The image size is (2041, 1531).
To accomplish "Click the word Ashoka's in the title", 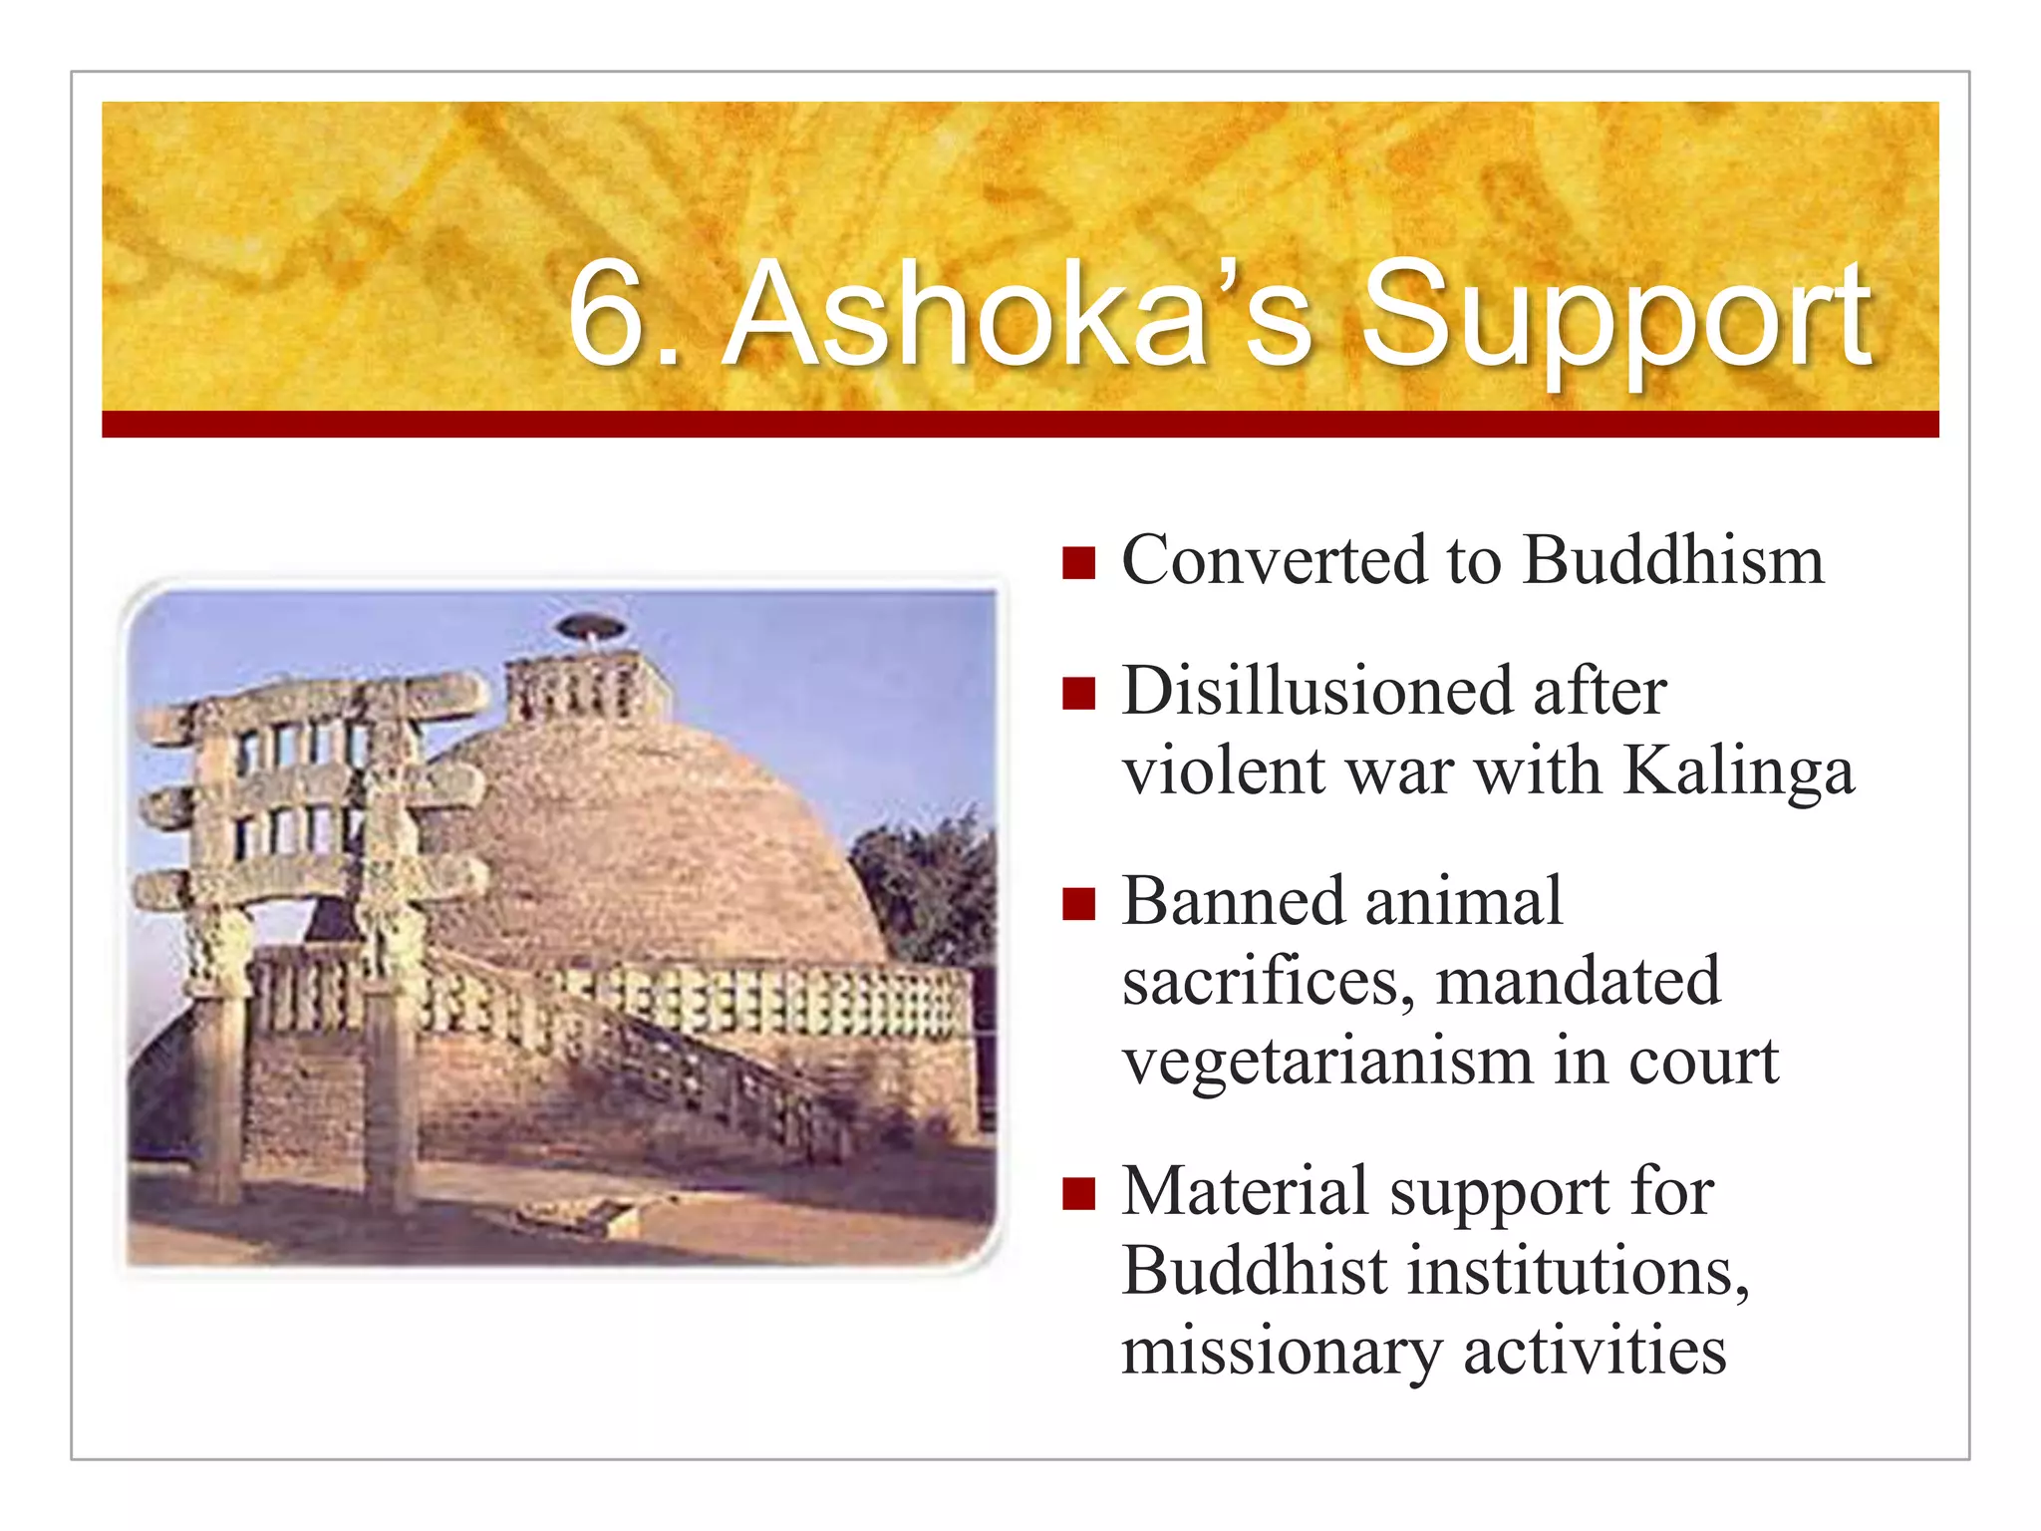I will coord(1017,314).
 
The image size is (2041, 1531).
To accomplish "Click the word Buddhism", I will coord(1673,560).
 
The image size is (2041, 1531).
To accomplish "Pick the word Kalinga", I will coord(1739,772).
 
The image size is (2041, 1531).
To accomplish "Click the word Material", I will coord(1246,1192).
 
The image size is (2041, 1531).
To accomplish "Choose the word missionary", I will coord(1281,1353).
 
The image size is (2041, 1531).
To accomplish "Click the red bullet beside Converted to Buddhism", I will coord(1078,563).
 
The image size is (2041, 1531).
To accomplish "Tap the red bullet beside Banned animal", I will coord(1078,904).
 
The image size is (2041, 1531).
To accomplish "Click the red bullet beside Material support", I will coord(1078,1193).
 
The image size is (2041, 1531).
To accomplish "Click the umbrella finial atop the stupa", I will coord(590,627).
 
